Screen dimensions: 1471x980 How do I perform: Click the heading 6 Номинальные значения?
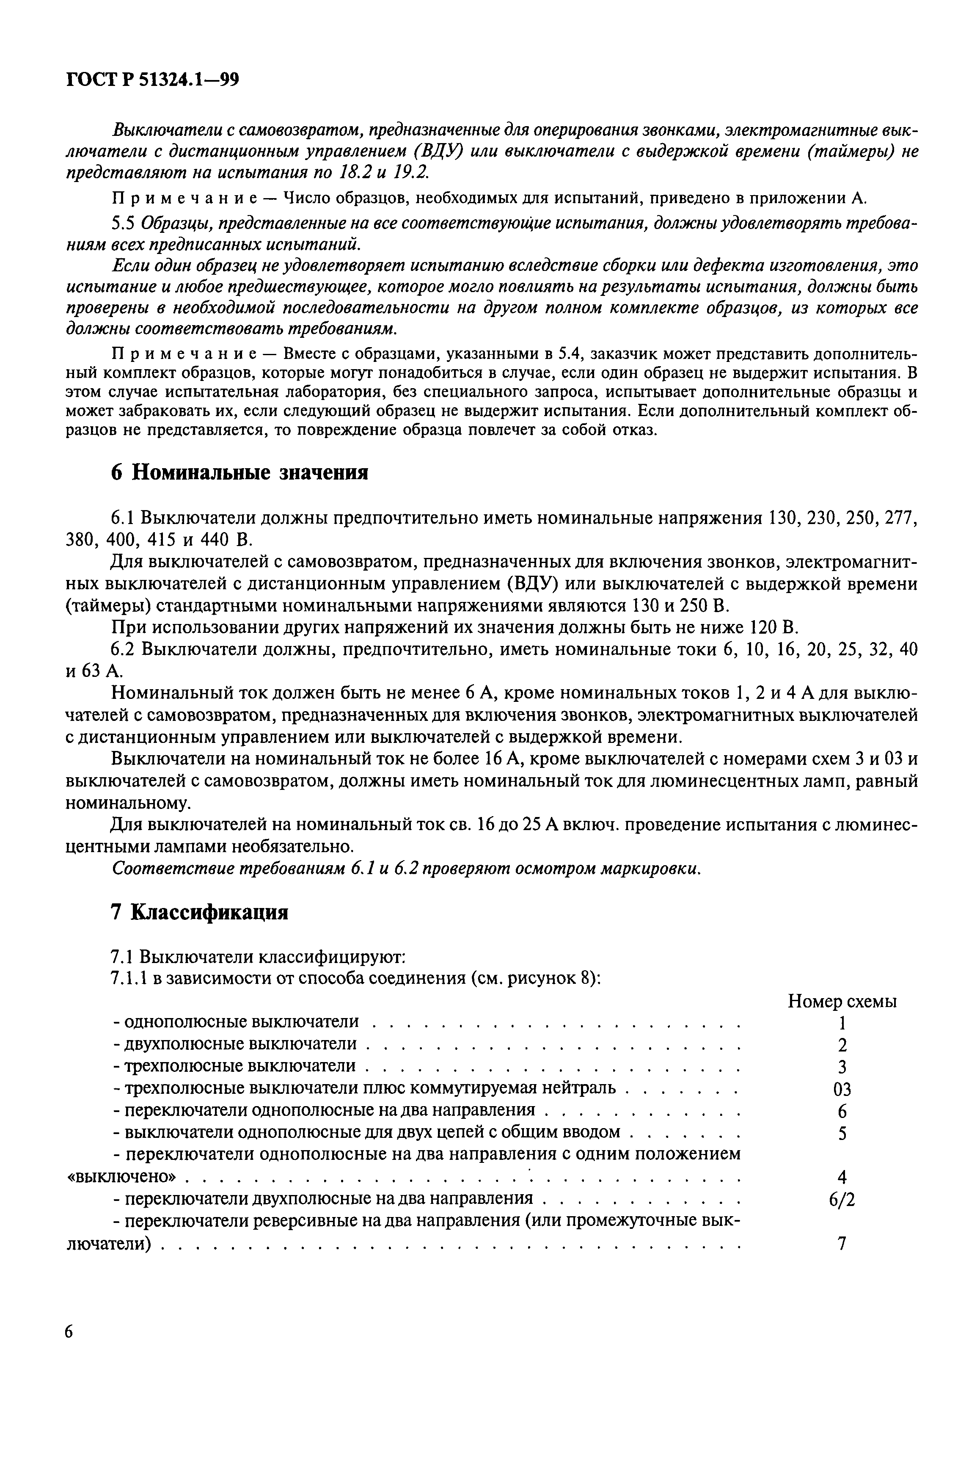239,472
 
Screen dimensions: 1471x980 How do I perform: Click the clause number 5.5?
123,223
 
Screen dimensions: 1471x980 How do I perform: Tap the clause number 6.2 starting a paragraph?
123,649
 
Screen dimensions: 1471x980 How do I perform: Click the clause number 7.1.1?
128,978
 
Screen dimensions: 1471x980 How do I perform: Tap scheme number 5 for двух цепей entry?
842,1134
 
